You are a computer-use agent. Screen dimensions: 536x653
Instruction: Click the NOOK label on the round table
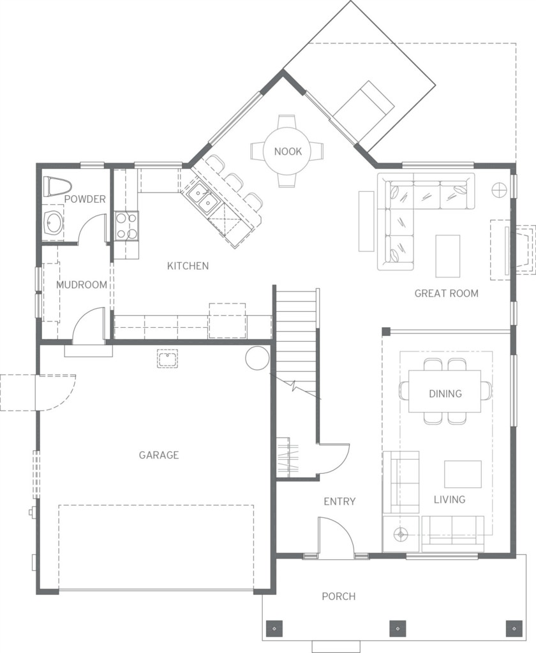pos(288,151)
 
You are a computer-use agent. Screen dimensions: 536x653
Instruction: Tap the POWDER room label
pos(85,199)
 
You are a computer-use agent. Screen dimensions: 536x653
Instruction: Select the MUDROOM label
pos(82,285)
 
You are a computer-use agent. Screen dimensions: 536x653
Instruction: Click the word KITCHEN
pos(188,266)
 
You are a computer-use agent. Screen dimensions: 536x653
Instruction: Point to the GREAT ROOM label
pos(447,293)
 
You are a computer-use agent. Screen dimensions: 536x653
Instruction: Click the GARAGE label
pos(159,455)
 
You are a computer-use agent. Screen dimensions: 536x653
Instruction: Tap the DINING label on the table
pos(445,393)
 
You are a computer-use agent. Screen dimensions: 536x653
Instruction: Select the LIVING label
pos(449,499)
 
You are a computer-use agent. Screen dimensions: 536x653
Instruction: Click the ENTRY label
pos(339,501)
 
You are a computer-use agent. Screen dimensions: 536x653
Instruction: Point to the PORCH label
pos(339,596)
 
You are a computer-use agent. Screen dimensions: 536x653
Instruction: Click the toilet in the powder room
pos(57,187)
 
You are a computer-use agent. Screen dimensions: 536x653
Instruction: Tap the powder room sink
pos(54,223)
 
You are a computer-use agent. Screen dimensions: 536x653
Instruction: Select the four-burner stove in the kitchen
pos(127,226)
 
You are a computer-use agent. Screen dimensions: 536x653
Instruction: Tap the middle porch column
pos(397,627)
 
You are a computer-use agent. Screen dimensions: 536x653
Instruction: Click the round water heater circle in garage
pos(257,358)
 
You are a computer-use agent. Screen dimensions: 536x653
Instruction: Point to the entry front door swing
pos(336,537)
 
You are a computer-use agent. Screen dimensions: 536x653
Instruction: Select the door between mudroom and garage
pos(88,326)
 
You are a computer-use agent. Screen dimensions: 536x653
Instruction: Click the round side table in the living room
pos(401,534)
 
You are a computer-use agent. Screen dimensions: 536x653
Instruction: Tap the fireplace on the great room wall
pos(512,250)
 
